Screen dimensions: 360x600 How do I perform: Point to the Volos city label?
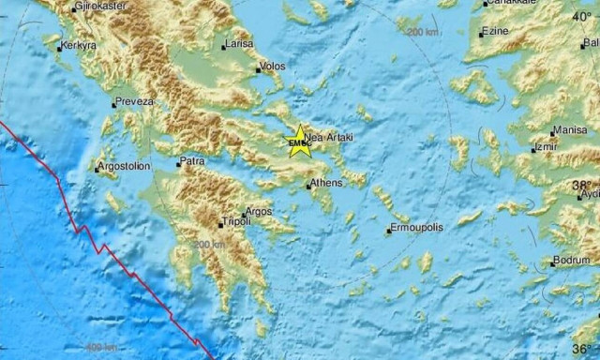tap(274, 67)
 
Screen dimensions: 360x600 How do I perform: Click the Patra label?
tap(193, 161)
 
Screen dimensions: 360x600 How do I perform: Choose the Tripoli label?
tap(234, 222)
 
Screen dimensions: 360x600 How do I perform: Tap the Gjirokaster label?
tap(98, 6)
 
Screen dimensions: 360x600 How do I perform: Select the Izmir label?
tap(546, 148)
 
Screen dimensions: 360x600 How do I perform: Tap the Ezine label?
tap(494, 33)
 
